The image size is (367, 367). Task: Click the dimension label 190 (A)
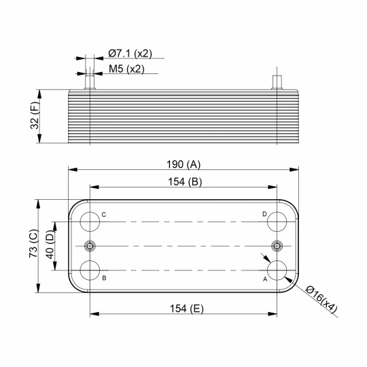pos(183,164)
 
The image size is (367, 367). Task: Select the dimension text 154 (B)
pos(185,182)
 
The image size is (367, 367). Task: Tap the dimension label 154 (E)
pos(186,309)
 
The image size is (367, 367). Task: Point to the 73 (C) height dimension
pos(33,244)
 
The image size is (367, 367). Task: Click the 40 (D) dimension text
pos(50,245)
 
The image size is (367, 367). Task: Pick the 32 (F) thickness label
pos(35,116)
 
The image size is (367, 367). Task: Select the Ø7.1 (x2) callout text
pos(130,54)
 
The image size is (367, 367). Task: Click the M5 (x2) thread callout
pos(126,69)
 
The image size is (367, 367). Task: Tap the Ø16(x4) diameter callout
pos(321,299)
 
